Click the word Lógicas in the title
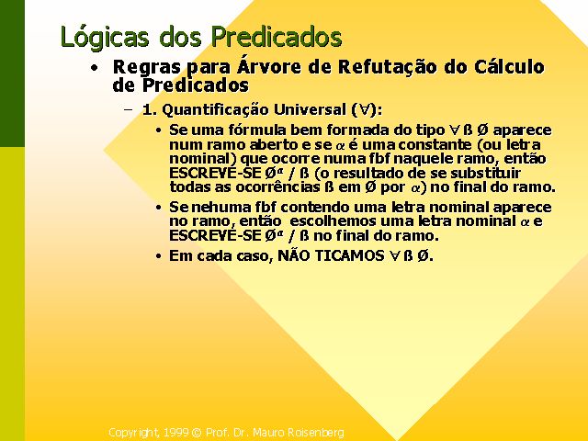(104, 38)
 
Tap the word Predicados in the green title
(276, 37)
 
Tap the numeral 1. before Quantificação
(150, 110)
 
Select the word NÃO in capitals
(294, 255)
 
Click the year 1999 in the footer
(176, 433)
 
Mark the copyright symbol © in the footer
(197, 433)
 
